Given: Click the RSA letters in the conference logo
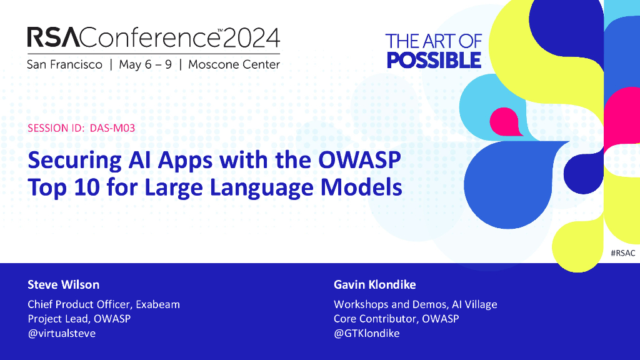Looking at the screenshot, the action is click(54, 37).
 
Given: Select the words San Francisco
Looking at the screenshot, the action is click(64, 64).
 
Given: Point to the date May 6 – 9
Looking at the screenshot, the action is click(145, 64).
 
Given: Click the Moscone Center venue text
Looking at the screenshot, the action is click(234, 64).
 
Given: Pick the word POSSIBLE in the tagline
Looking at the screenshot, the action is click(434, 61).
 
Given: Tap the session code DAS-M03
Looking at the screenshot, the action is click(112, 128).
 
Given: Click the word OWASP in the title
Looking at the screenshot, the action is click(359, 160).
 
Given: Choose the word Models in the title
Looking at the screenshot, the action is click(361, 187).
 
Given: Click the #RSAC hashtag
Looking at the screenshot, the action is click(623, 253).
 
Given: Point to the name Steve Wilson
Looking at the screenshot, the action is click(63, 284).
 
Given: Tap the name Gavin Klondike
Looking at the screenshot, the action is click(375, 284).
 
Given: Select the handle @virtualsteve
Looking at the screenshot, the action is click(62, 333).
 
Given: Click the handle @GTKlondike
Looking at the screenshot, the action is click(366, 333).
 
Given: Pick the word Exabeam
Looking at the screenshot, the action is click(157, 304).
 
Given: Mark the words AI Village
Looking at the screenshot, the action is click(474, 304).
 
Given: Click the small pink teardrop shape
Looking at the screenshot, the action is click(506, 122).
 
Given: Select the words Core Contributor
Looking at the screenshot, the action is click(376, 319).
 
